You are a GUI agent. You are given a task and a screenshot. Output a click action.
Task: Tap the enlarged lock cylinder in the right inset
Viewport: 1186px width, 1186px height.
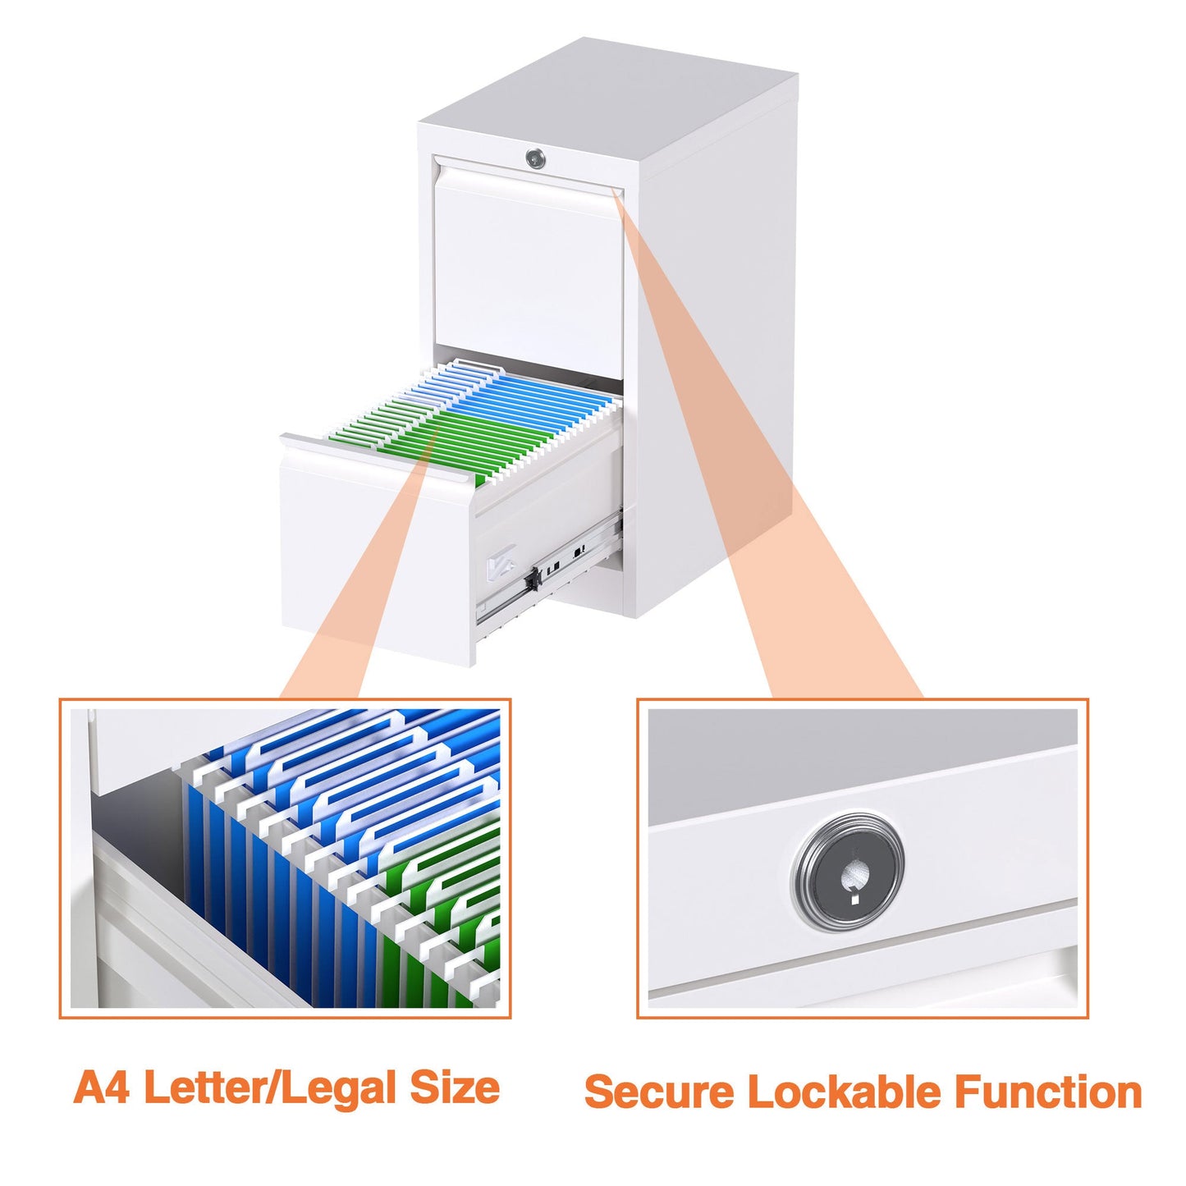pyautogui.click(x=848, y=872)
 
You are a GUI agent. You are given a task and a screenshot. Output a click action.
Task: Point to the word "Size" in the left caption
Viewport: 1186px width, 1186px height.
pyautogui.click(x=455, y=1088)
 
